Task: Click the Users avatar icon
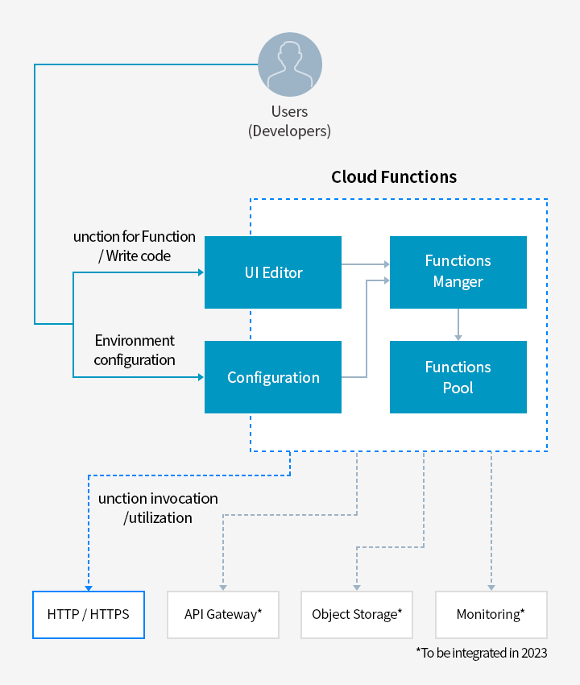point(289,65)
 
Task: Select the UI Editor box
point(273,272)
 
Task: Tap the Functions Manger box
point(458,272)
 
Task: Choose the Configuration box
point(273,377)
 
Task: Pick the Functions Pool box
point(458,377)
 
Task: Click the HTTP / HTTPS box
point(89,615)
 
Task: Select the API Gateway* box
point(223,615)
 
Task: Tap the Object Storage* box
point(357,615)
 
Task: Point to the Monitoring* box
point(491,615)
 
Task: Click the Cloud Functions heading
point(394,176)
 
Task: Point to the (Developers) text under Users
point(289,131)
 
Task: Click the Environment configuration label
point(135,351)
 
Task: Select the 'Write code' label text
point(135,255)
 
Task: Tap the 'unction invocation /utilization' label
point(158,509)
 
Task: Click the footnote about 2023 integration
point(481,653)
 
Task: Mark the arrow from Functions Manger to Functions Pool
point(458,324)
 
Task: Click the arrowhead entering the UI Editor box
point(200,272)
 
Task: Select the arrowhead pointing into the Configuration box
point(200,377)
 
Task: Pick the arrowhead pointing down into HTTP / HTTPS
point(88,587)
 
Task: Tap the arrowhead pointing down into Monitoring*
point(491,587)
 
